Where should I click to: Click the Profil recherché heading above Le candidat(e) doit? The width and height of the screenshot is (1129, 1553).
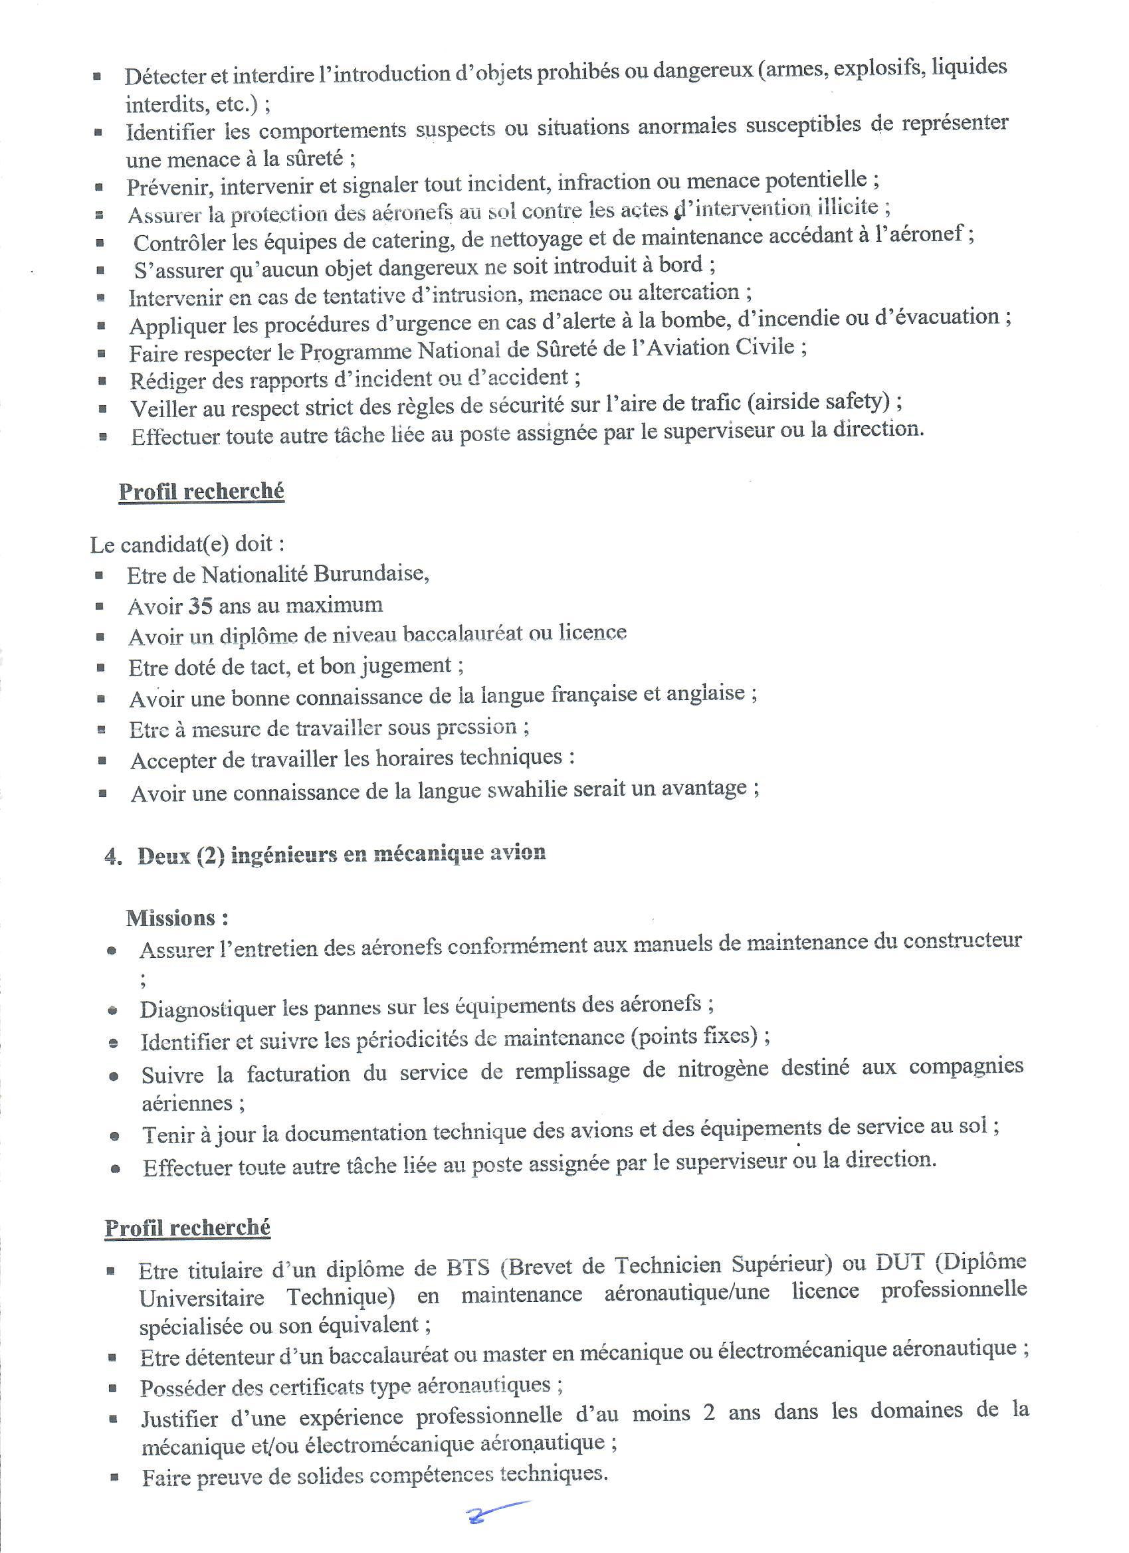coord(201,492)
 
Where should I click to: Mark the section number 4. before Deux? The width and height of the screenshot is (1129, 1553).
coord(113,857)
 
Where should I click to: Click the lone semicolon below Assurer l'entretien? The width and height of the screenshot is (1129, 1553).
coord(143,982)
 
